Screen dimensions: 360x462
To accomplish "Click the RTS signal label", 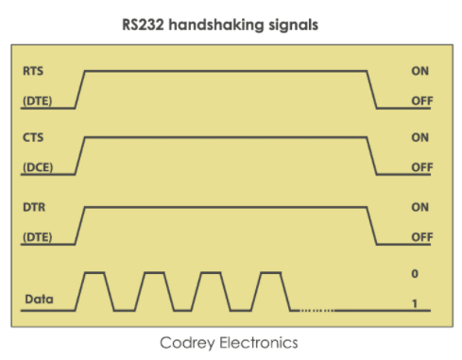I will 33,71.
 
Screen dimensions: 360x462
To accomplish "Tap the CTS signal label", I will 33,138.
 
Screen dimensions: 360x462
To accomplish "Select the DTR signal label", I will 34,205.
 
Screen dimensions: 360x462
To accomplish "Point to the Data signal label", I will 38,300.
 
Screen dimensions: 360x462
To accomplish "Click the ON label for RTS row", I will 420,71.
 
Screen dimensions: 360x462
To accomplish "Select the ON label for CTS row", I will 420,138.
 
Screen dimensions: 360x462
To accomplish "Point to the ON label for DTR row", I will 420,206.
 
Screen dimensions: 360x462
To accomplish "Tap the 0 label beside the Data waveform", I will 414,274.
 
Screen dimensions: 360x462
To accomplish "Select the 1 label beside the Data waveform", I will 414,301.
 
